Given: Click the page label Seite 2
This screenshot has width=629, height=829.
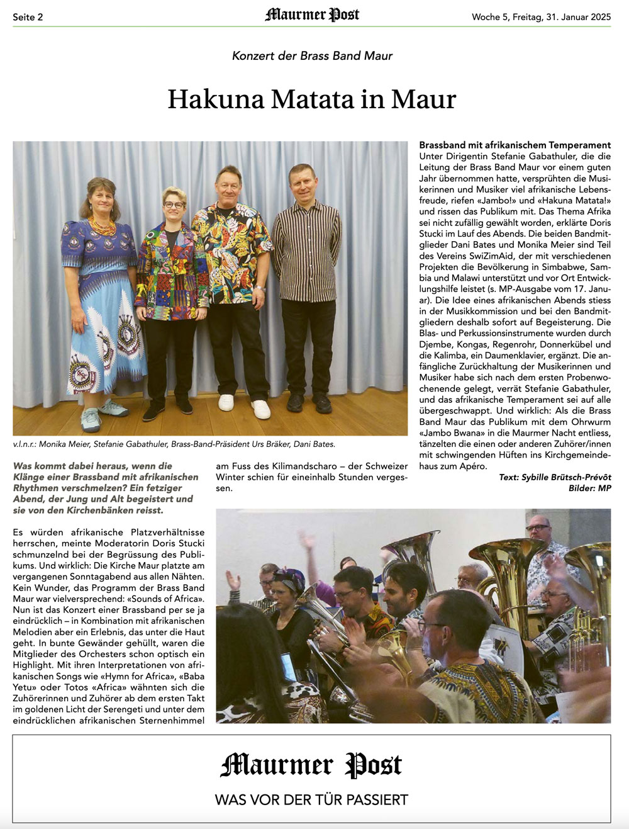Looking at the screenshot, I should [x=28, y=17].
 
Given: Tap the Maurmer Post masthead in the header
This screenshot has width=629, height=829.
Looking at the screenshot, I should [x=312, y=15].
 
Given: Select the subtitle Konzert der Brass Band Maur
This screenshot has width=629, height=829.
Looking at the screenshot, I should [x=312, y=55].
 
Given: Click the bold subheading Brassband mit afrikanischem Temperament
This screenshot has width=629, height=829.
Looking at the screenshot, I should [x=515, y=145].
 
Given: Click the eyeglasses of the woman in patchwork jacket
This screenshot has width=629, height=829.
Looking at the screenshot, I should [x=174, y=205].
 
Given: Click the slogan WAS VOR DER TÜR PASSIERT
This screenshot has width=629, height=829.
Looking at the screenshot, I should [x=311, y=799].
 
